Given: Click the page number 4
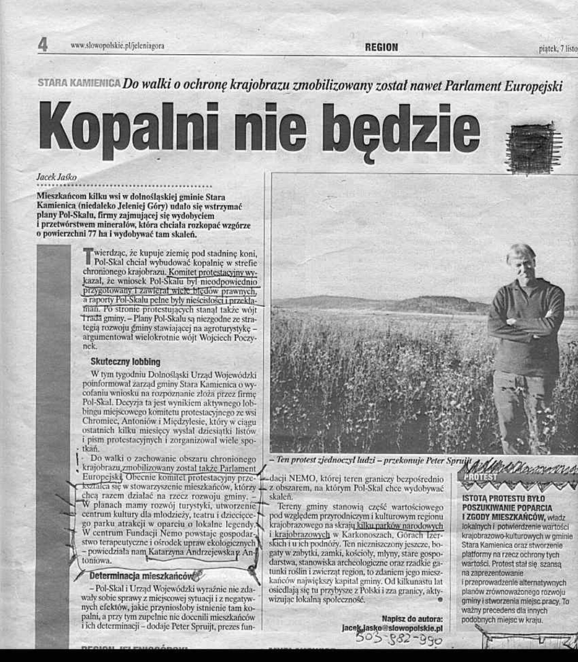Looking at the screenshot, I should [43, 45].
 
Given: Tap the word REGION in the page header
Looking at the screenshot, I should [381, 47].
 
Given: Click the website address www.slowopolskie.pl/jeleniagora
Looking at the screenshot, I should [117, 45].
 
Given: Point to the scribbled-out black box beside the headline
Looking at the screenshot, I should [533, 148].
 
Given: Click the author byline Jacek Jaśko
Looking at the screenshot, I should [57, 176].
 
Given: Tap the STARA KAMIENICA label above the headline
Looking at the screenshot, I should [79, 84].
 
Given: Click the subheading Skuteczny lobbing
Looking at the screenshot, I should [126, 361].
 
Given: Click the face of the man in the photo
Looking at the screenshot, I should [522, 261].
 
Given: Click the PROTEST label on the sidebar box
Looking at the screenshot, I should [480, 477].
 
